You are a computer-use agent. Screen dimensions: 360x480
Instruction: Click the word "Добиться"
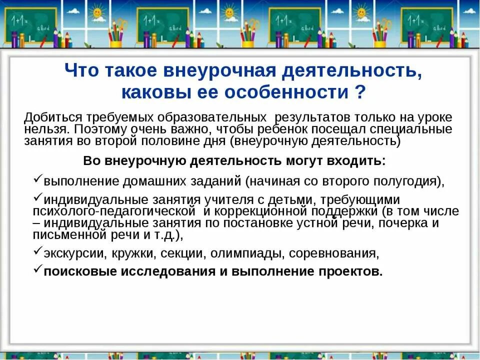coord(53,118)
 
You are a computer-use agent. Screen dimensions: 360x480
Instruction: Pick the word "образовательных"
coord(212,118)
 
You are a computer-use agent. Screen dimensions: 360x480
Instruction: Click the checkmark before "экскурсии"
coord(38,251)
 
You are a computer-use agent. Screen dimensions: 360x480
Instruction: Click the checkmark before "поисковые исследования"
coord(38,269)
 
